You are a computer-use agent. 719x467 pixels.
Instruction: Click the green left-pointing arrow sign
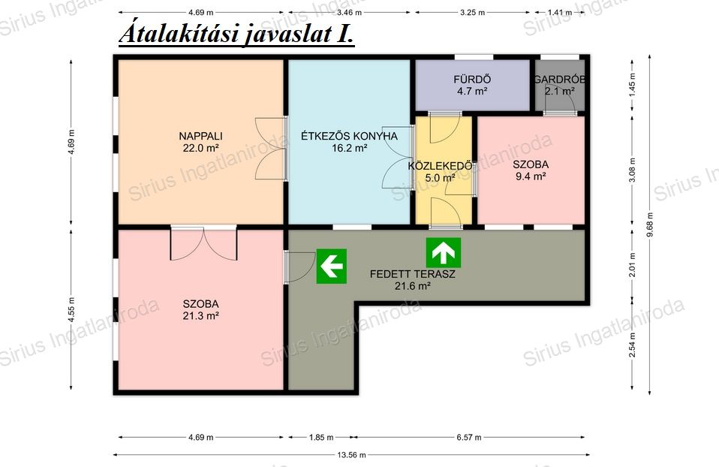[331, 266]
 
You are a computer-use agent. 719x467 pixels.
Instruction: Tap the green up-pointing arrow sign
[443, 253]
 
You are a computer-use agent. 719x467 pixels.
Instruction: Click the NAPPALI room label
[200, 136]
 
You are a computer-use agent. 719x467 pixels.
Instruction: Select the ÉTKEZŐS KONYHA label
[350, 136]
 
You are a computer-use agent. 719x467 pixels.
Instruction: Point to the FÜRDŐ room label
[472, 80]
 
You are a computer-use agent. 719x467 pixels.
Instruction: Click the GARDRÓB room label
[559, 80]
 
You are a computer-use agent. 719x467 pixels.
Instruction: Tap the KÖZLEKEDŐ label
[441, 165]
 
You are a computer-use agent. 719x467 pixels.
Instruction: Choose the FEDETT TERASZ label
[413, 274]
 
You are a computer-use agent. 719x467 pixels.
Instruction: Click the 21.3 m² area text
[200, 315]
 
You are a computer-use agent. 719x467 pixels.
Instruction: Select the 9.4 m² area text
[531, 176]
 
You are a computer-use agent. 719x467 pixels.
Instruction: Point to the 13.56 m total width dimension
[352, 455]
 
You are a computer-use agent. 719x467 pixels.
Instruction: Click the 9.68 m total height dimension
[650, 224]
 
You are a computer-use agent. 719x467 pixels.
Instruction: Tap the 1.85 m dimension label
[321, 437]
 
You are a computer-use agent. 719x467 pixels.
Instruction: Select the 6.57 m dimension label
[469, 437]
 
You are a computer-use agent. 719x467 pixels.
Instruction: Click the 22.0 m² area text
[200, 148]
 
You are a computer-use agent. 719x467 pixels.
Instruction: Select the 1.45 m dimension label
[633, 83]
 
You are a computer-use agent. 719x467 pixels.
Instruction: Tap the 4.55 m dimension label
[71, 309]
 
